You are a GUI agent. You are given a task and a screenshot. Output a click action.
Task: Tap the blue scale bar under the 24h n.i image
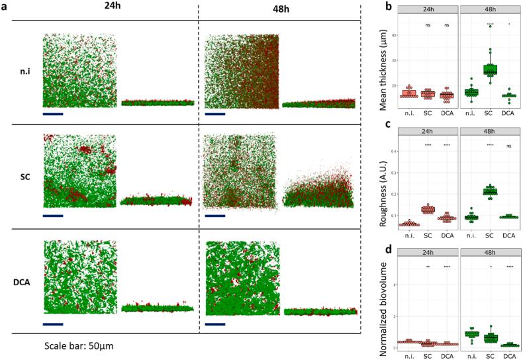(52, 114)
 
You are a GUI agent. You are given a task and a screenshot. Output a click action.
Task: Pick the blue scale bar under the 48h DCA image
(215, 324)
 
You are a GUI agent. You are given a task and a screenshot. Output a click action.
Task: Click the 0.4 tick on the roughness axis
(391, 151)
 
